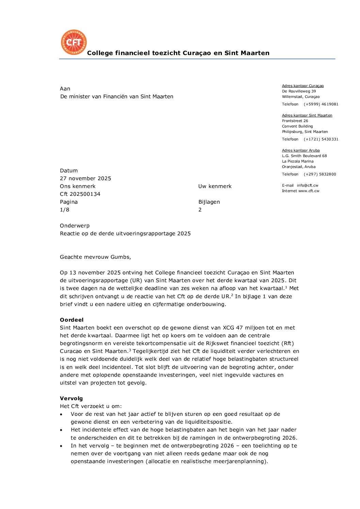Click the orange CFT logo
74,42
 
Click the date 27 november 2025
85,179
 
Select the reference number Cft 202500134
80,194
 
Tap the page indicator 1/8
65,210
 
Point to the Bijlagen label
209,202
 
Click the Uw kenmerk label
215,186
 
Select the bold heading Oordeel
71,320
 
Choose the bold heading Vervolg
71,398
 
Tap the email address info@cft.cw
307,185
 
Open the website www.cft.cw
309,191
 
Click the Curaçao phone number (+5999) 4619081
321,104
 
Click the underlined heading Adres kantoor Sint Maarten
307,115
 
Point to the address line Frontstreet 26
295,121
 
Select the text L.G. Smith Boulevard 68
304,156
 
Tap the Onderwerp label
75,226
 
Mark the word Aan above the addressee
65,89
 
